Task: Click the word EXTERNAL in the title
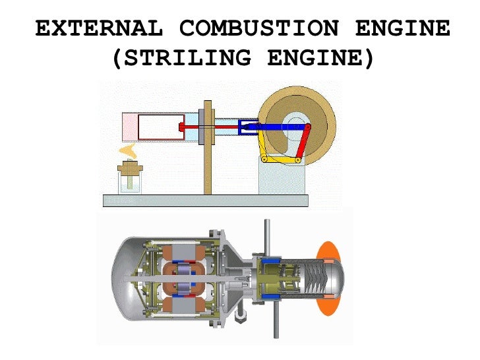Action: (x=98, y=29)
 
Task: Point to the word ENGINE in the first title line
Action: (x=403, y=29)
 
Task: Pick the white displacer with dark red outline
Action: (x=159, y=127)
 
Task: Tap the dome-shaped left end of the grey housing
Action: (x=125, y=277)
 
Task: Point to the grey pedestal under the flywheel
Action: (x=280, y=178)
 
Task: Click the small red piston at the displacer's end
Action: (x=182, y=126)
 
